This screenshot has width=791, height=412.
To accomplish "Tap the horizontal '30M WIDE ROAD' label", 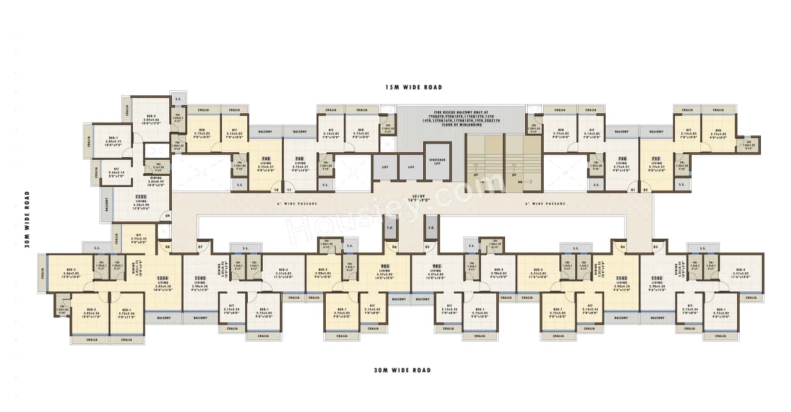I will click(x=402, y=370).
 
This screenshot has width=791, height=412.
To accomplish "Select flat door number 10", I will click(x=276, y=190).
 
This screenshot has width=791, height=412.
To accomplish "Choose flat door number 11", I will click(x=289, y=190).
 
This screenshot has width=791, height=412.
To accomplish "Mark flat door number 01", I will click(x=632, y=190).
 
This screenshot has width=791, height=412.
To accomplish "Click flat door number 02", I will click(x=646, y=190).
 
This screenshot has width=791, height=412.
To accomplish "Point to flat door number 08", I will click(x=167, y=247).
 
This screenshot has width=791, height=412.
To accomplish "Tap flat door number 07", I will click(x=200, y=247).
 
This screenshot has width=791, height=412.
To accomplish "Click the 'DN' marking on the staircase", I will click(x=520, y=182).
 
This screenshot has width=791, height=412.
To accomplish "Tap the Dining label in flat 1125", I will click(x=156, y=179).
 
